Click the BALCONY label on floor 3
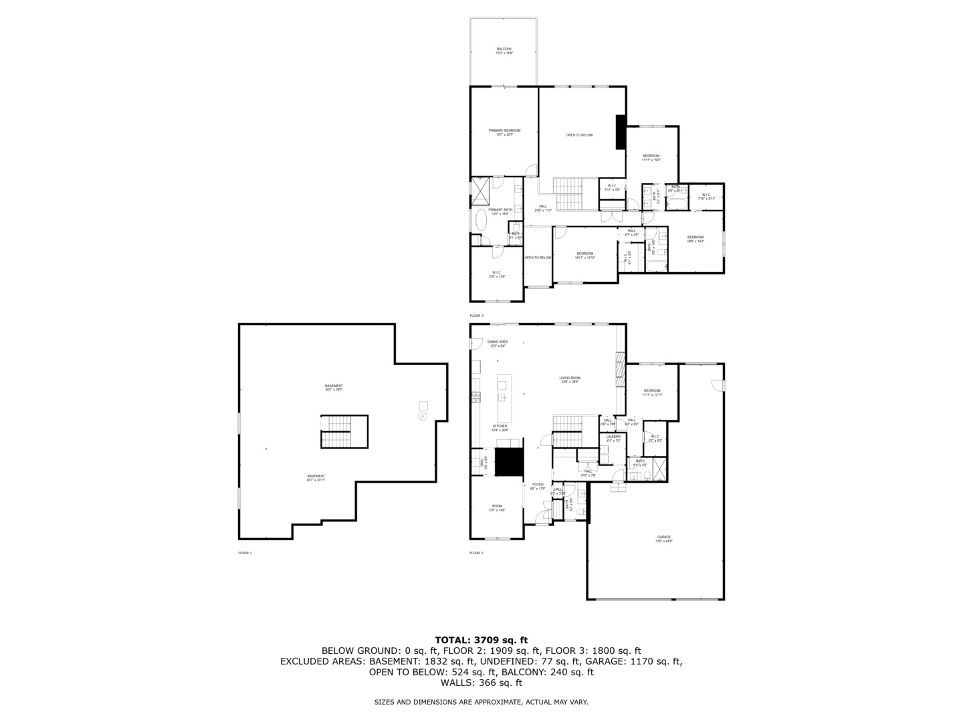[504, 50]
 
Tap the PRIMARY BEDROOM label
[504, 132]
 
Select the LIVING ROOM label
[570, 380]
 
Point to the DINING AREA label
[498, 344]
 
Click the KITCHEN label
[500, 428]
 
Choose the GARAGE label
[663, 539]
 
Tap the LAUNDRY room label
[613, 439]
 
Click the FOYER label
[538, 486]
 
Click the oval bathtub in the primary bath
[481, 220]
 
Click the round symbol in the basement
[423, 416]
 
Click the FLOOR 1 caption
[245, 553]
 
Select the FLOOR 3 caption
[476, 316]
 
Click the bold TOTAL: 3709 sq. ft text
[481, 640]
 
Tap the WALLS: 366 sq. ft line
[481, 683]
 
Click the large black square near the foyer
[508, 462]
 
